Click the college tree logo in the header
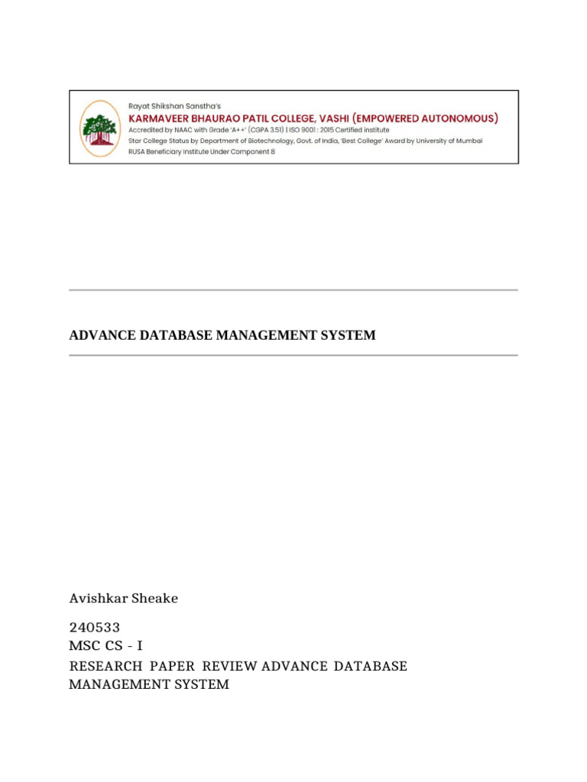99,127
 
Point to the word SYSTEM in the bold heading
351,335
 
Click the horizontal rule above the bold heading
293,290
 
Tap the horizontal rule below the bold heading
293,355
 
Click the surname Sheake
155,599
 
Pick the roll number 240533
95,629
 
